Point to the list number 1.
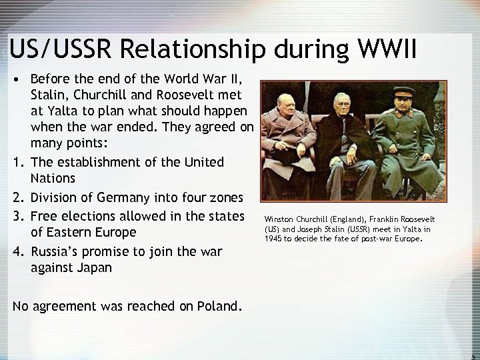15,162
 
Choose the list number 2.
15,197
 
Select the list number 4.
15,251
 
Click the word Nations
54,179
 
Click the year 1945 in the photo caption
273,237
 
